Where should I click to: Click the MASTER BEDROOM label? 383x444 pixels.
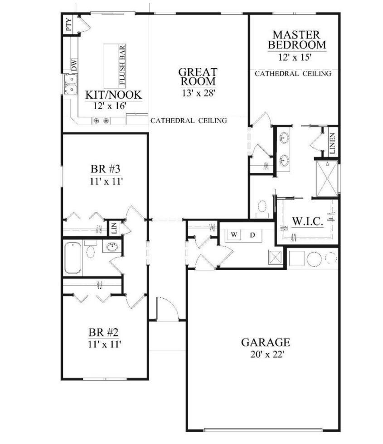coord(296,40)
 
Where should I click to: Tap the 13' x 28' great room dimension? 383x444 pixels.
coord(198,93)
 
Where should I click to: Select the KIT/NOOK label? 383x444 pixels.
coord(114,95)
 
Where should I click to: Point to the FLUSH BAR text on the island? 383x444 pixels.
coord(122,65)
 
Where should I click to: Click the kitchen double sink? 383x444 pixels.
coord(71,84)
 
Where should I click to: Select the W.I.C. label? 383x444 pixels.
coord(307,222)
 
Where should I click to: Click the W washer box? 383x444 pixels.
coord(234,234)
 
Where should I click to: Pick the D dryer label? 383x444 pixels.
coord(253,234)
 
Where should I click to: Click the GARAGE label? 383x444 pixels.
coord(265,342)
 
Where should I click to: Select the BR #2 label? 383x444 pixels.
coord(104,333)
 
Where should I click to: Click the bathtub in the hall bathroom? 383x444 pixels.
coord(73,258)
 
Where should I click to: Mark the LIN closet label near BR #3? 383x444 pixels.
coord(113,228)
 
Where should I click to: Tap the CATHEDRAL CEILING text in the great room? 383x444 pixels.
coord(189,120)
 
